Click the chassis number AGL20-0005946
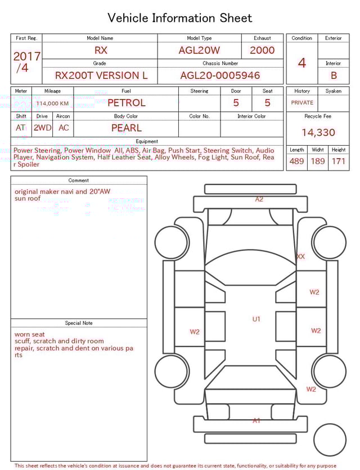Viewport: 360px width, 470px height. pos(220,75)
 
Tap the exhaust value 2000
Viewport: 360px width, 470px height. pos(262,50)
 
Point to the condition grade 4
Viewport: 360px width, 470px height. pos(301,62)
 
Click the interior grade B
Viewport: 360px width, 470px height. pos(334,75)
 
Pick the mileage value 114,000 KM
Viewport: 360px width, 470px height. pos(52,104)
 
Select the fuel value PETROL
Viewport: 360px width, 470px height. pos(126,103)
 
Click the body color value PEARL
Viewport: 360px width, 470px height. pos(126,128)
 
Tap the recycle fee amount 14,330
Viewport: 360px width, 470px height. pos(318,133)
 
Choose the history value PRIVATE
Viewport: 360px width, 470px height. pos(302,103)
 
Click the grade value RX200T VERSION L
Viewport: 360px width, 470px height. pos(101,75)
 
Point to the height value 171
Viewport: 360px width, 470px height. pos(339,162)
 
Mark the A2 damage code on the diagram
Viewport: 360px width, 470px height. pos(259,199)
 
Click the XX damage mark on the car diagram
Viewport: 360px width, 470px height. pos(300,257)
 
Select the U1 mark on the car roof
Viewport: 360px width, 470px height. pos(256,319)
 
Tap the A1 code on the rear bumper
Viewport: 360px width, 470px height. pos(256,420)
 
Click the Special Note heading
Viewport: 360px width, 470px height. pos(79,323)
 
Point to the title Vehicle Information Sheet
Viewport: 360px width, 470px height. pos(180,18)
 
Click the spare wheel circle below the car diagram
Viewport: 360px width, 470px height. pos(330,440)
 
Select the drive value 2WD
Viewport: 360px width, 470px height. pos(42,128)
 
